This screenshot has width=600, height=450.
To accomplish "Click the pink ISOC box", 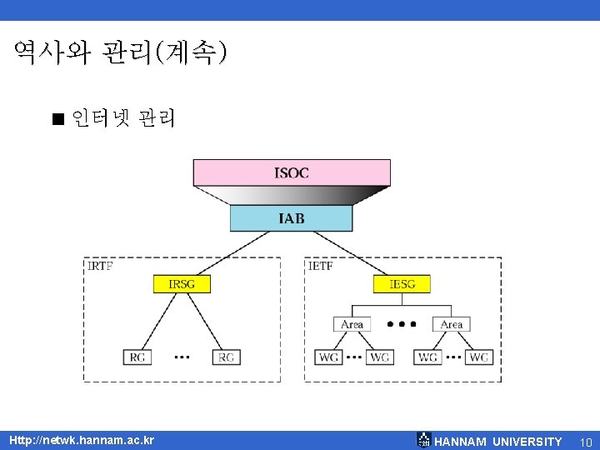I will [x=292, y=172].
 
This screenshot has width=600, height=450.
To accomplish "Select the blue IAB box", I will [x=292, y=218].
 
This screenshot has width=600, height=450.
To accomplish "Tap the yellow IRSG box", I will [x=182, y=284].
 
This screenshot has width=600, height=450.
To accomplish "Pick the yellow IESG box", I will [x=402, y=284].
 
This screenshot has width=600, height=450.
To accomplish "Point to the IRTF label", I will [x=100, y=267].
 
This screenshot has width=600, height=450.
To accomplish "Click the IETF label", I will [x=322, y=267].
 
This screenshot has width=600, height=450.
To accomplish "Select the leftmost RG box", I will [x=137, y=357].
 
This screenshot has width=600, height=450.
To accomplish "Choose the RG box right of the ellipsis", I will [x=226, y=357].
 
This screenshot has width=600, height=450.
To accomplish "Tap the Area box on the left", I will [x=352, y=324].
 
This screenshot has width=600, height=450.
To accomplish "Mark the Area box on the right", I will [x=451, y=324].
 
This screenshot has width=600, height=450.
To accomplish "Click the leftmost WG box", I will [x=329, y=357].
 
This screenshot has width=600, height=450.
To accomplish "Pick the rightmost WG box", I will [x=478, y=357].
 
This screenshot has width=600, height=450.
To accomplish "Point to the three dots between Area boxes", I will [x=402, y=324].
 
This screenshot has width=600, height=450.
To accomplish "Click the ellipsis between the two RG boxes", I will [x=182, y=357].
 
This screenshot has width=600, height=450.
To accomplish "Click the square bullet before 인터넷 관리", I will [x=57, y=119].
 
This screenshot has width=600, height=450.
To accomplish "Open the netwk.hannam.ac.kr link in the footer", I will [x=81, y=440].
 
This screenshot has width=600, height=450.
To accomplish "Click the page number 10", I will [x=585, y=441].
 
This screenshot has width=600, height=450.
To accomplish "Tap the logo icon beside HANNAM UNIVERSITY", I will [x=424, y=440].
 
